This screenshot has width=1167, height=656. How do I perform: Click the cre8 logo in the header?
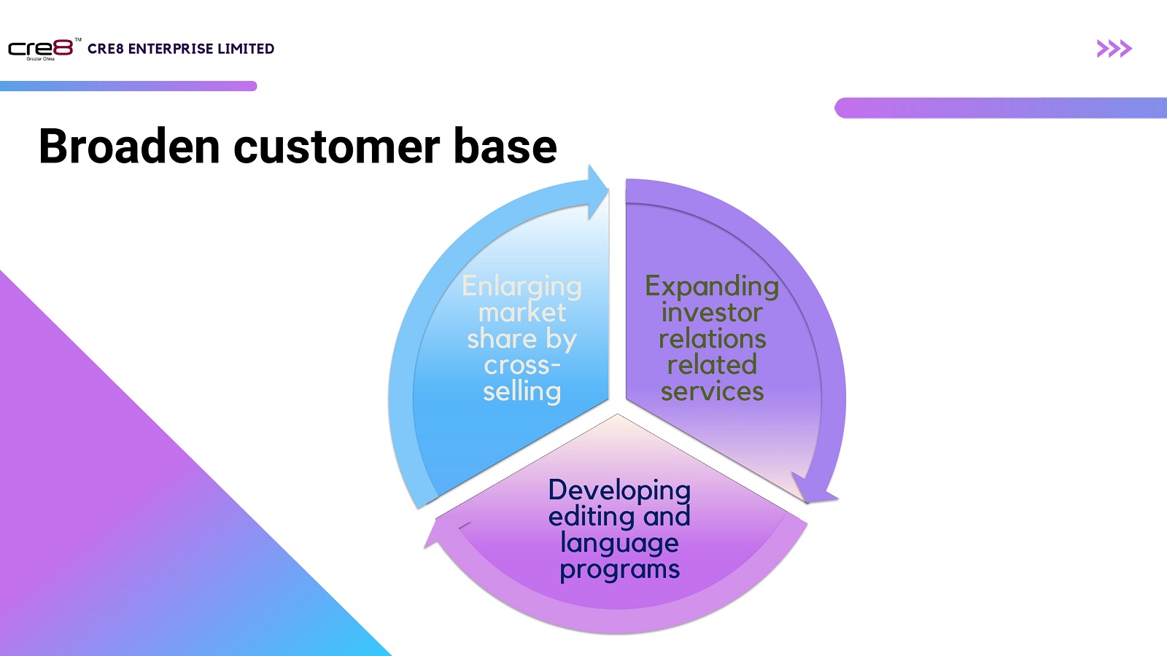click(41, 49)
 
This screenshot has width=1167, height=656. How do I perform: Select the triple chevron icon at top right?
click(1114, 49)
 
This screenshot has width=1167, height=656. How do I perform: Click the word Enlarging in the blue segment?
click(522, 286)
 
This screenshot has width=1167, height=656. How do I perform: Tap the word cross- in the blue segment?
click(522, 365)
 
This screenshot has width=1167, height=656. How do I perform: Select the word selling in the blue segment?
click(522, 391)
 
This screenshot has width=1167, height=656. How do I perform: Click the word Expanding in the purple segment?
click(712, 286)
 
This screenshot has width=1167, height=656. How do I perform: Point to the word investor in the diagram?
click(712, 313)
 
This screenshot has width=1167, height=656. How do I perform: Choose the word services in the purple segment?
click(712, 391)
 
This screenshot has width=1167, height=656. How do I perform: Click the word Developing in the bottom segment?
click(619, 491)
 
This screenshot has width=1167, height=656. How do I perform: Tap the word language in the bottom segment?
click(619, 543)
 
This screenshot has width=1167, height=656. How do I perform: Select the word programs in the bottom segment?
click(619, 569)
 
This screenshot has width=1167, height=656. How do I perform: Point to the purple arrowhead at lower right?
click(814, 490)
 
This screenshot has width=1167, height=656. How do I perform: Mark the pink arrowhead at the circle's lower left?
click(439, 534)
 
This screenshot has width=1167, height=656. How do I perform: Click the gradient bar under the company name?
click(128, 86)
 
